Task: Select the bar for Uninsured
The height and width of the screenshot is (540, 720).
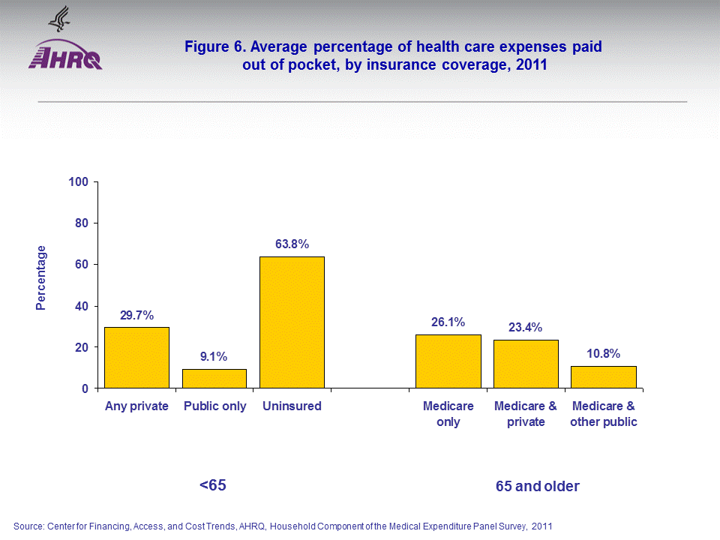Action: pyautogui.click(x=292, y=322)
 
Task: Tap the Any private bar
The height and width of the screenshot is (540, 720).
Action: pyautogui.click(x=136, y=358)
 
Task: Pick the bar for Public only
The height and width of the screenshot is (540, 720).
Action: pyautogui.click(x=214, y=379)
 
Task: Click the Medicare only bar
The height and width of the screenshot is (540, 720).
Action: pyautogui.click(x=448, y=361)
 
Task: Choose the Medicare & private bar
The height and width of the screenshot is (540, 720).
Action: pyautogui.click(x=526, y=364)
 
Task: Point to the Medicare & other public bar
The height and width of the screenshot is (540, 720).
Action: pyautogui.click(x=604, y=377)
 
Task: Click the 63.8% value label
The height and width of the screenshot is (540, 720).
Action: pyautogui.click(x=292, y=244)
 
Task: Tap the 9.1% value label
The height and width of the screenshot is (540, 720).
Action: pyautogui.click(x=214, y=356)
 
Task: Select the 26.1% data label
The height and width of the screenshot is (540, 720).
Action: pyautogui.click(x=448, y=322)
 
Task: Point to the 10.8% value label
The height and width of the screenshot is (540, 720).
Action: pyautogui.click(x=604, y=353)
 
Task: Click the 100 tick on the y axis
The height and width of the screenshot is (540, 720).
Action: pyautogui.click(x=79, y=182)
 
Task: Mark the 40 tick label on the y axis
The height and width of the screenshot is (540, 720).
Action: pyautogui.click(x=82, y=306)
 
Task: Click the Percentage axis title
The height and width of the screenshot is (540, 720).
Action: pyautogui.click(x=42, y=277)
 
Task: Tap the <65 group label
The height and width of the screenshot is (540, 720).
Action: pyautogui.click(x=212, y=485)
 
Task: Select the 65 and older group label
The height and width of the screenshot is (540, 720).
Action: pyautogui.click(x=538, y=487)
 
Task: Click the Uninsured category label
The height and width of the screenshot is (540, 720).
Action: pyautogui.click(x=292, y=406)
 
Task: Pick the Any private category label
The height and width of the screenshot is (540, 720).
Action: pyautogui.click(x=136, y=406)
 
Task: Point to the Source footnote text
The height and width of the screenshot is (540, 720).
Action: pyautogui.click(x=283, y=526)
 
